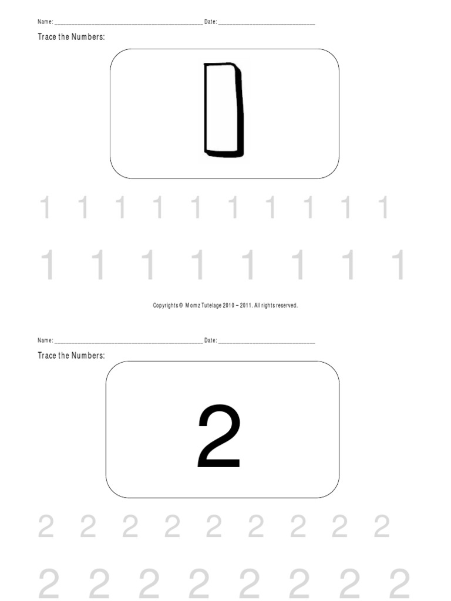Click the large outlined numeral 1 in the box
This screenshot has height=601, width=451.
(x=223, y=111)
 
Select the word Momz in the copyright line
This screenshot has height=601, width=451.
(x=193, y=305)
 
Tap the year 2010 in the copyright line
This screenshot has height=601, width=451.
(x=228, y=305)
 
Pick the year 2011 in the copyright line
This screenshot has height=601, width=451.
(x=246, y=305)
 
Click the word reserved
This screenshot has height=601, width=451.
(x=286, y=305)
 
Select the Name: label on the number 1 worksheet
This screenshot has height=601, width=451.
(x=45, y=22)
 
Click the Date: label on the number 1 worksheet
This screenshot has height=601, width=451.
(x=210, y=22)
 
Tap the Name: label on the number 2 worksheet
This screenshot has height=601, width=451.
(x=45, y=340)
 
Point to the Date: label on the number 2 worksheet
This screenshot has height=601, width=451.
(x=210, y=340)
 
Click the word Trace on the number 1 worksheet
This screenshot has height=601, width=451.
(x=47, y=38)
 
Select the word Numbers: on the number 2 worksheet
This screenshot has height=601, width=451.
(x=88, y=356)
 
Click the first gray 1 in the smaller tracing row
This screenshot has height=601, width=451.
(x=44, y=208)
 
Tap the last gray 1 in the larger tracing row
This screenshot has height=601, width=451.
(x=400, y=264)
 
